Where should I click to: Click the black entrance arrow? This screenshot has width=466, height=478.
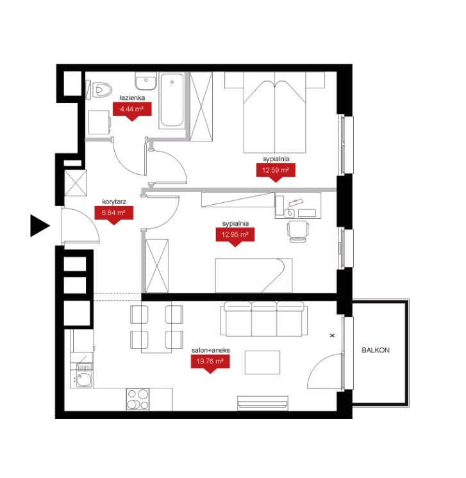click(x=38, y=226)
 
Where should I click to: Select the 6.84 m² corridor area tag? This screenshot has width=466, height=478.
click(x=113, y=215)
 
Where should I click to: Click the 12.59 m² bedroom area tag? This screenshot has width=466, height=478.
click(x=276, y=172)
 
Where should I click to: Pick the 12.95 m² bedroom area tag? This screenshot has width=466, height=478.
click(x=235, y=237)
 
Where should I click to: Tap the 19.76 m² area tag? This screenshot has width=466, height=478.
click(x=210, y=363)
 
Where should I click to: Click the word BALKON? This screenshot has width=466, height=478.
click(x=376, y=350)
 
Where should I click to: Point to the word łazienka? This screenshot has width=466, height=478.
click(x=132, y=98)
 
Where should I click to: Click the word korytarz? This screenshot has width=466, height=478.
click(x=114, y=202)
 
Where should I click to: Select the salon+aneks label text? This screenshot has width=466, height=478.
click(x=211, y=350)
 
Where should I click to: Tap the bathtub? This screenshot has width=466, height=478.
click(x=172, y=100)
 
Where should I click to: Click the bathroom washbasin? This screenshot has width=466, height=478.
click(x=146, y=81)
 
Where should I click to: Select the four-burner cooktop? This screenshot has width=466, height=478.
click(x=138, y=399)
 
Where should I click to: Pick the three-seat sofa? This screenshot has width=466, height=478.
click(x=264, y=319)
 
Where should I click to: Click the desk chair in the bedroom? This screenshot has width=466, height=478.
click(x=297, y=232)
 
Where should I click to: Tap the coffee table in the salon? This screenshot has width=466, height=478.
click(x=262, y=362)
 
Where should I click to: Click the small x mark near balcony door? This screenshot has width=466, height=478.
click(x=333, y=335)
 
